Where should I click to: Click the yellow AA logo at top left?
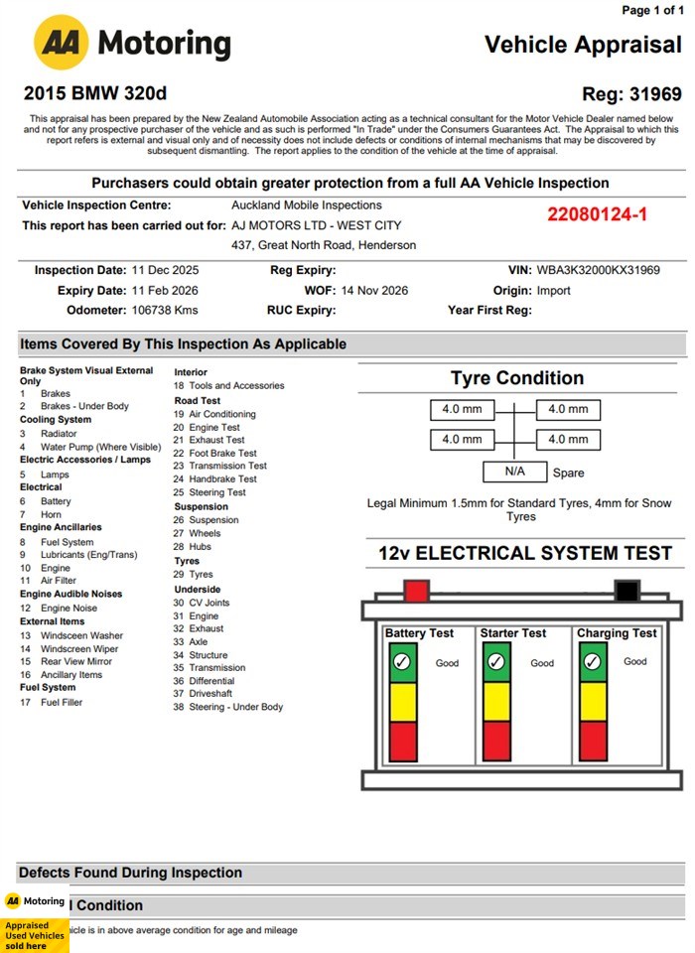(62, 43)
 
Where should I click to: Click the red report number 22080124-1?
(598, 214)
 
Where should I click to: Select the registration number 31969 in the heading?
(655, 94)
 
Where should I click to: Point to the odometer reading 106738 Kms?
(165, 310)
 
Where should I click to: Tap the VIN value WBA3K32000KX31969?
(599, 270)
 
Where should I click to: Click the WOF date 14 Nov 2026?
(374, 290)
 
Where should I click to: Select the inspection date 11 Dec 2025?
(166, 270)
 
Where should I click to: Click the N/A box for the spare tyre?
(514, 472)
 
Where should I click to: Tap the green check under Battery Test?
(402, 661)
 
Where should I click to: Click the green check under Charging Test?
(593, 661)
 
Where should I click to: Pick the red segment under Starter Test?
(496, 741)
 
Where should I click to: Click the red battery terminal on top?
(417, 592)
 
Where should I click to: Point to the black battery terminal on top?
(625, 592)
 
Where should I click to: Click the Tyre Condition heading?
(516, 378)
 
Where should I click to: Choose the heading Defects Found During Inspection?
(130, 873)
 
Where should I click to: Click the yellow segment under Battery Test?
(402, 701)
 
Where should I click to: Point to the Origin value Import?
(554, 290)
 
